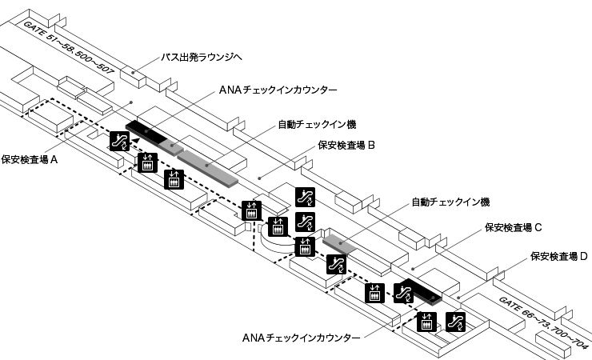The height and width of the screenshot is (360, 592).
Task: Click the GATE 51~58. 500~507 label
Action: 70,49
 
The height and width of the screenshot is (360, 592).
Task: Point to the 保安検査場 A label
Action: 30,159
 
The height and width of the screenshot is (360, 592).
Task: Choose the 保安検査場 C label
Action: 514,227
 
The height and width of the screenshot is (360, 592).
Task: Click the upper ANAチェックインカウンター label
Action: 278,91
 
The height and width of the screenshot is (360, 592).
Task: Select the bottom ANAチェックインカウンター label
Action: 300,338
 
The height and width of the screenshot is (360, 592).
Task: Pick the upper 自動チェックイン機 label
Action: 316,124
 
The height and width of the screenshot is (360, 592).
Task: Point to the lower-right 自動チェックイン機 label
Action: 450,202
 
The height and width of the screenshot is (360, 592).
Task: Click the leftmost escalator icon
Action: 120,142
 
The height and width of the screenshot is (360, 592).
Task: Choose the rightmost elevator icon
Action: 427,322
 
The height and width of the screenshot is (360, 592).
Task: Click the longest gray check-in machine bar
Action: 209,166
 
